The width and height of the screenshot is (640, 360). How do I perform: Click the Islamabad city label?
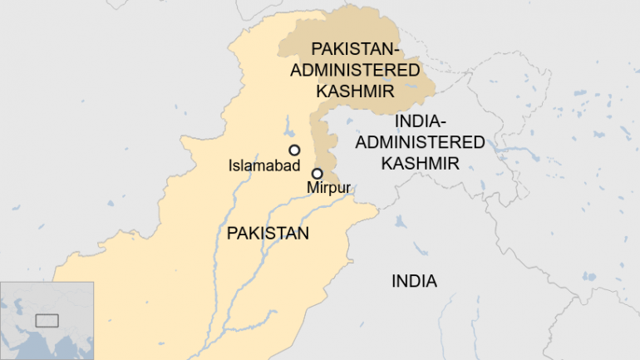click(x=264, y=166)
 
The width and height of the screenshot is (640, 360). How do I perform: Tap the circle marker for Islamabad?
click(x=294, y=150)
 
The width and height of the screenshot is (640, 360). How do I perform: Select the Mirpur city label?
click(x=329, y=188)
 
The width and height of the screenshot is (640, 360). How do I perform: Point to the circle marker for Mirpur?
click(x=317, y=173)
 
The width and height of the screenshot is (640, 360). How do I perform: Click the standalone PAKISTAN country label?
click(x=268, y=234)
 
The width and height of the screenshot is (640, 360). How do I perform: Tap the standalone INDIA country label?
click(x=414, y=281)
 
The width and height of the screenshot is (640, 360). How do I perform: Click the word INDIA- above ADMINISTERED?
click(x=421, y=122)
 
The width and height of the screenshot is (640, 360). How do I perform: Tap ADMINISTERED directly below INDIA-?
click(x=421, y=142)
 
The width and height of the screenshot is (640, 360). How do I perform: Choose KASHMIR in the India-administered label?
click(x=421, y=162)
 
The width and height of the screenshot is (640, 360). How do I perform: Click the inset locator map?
click(x=47, y=320)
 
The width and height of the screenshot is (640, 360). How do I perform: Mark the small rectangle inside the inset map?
click(x=47, y=319)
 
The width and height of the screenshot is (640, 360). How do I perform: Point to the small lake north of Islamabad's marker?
click(x=288, y=131)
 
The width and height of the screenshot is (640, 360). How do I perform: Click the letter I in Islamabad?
click(x=230, y=166)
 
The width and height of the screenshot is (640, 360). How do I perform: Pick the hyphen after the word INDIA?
click(x=446, y=123)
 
